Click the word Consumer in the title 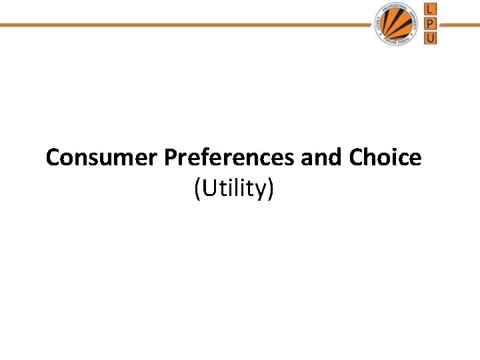click(101, 158)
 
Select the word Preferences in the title click(228, 158)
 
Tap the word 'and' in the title click(323, 158)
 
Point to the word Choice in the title click(385, 158)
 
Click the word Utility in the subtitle click(234, 189)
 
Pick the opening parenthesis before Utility click(197, 190)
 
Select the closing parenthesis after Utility click(270, 190)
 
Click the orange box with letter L click(431, 9)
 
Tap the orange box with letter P click(431, 24)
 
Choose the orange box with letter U click(431, 38)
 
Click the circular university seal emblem click(397, 25)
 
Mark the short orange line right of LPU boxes click(459, 25)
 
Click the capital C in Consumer click(53, 158)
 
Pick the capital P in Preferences click(169, 158)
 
